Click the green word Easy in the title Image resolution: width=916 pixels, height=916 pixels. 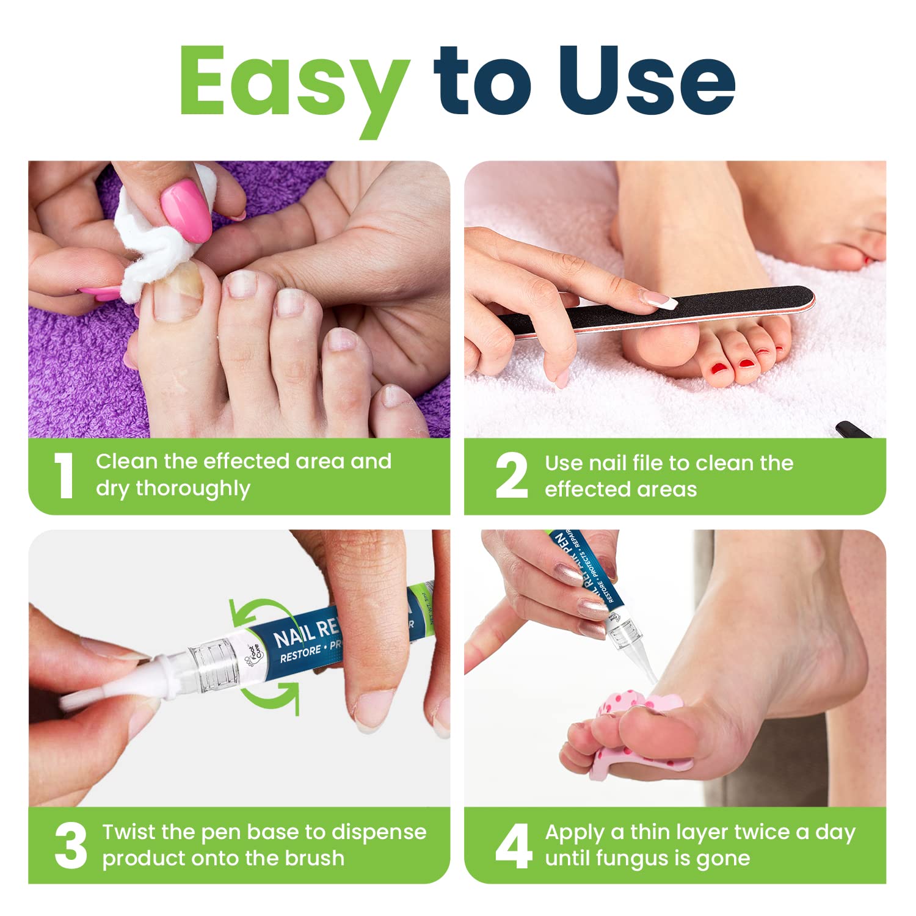(293, 82)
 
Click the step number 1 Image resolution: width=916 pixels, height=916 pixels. (64, 476)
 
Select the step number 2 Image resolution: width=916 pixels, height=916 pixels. (511, 476)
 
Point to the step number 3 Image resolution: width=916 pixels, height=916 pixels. (71, 846)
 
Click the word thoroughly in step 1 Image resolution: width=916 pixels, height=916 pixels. (192, 489)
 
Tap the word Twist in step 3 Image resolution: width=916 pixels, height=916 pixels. (129, 832)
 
